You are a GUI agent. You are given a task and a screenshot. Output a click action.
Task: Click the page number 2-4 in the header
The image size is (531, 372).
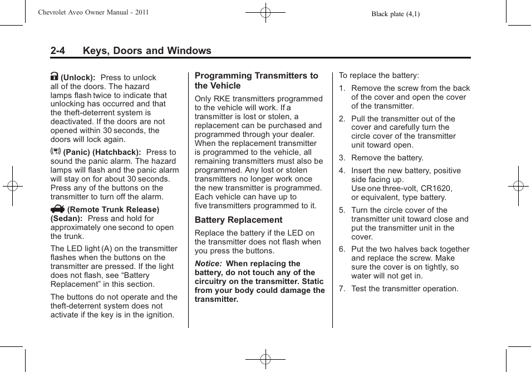pyautogui.click(x=57, y=51)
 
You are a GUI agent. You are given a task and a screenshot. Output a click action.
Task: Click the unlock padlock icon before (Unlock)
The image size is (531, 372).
pyautogui.click(x=55, y=77)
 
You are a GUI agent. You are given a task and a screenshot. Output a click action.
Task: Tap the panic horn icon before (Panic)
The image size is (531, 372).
pyautogui.click(x=55, y=152)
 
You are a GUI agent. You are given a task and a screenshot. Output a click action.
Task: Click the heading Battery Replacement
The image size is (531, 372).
pyautogui.click(x=238, y=220)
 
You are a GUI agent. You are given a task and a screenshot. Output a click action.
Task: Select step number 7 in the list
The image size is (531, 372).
pyautogui.click(x=342, y=289)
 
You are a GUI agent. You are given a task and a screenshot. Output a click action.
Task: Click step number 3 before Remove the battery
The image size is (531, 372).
pyautogui.click(x=342, y=158)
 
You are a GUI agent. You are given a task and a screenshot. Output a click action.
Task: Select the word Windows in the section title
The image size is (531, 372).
pyautogui.click(x=189, y=51)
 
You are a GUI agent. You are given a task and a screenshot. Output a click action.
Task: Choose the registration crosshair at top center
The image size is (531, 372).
pyautogui.click(x=265, y=12)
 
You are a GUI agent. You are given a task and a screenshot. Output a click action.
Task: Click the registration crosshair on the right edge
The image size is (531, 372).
pyautogui.click(x=518, y=186)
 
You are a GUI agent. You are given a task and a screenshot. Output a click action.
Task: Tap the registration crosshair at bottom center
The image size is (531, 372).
pyautogui.click(x=265, y=359)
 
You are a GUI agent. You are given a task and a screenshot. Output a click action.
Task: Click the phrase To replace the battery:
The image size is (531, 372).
pyautogui.click(x=379, y=75)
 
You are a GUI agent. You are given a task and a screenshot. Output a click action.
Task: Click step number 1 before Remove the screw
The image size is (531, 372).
pyautogui.click(x=342, y=89)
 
